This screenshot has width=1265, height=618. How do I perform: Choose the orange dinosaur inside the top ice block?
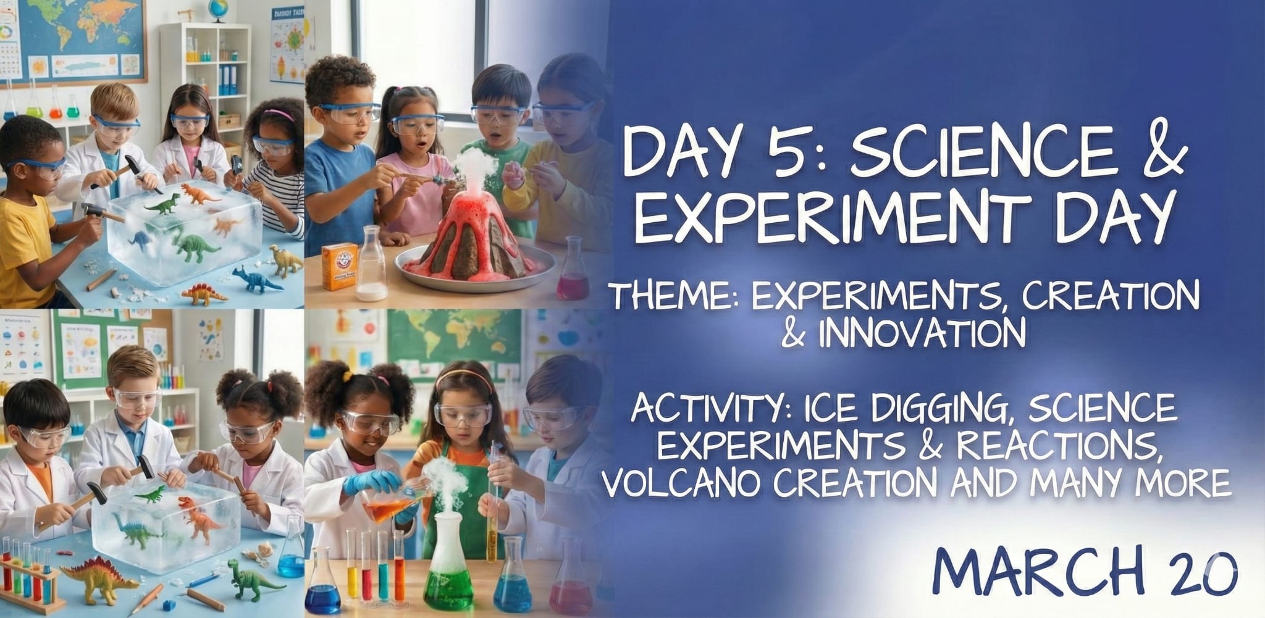pos(201,195)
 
